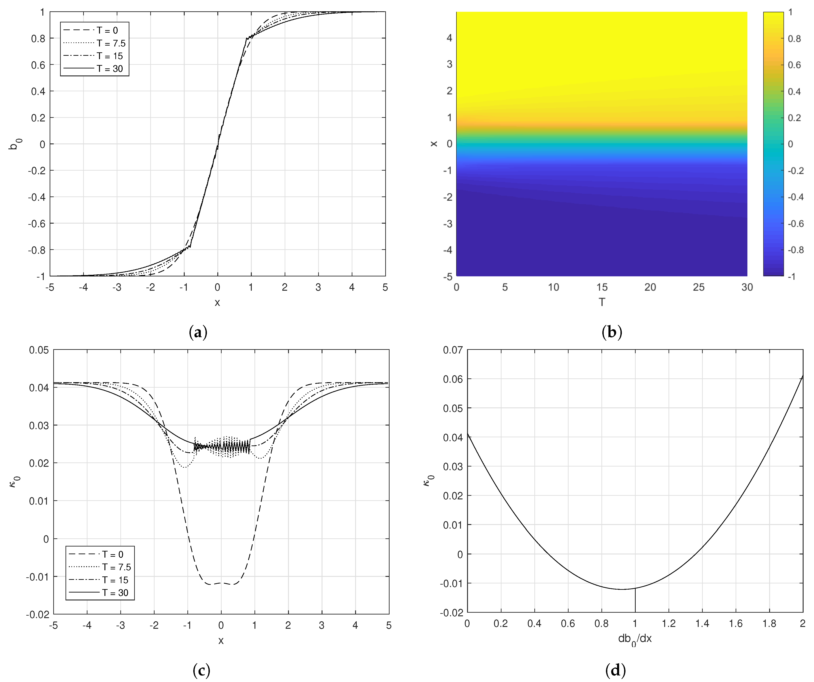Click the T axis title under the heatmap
(602, 302)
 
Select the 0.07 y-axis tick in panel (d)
(453, 350)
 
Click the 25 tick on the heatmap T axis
(698, 287)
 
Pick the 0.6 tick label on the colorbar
(794, 65)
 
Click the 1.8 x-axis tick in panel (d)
(769, 624)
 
